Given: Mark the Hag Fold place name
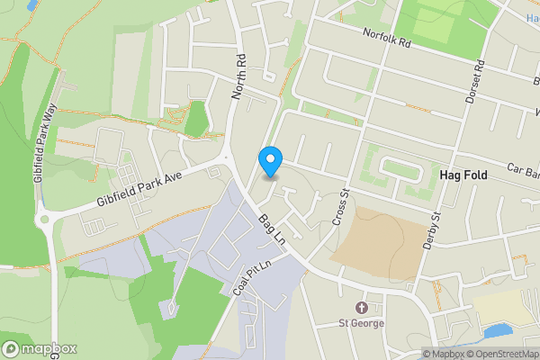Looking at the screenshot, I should coord(463,175).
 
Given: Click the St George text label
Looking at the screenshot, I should coord(362,323).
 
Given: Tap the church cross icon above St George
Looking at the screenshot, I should coord(362,308).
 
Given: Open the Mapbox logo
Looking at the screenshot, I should coord(40,348).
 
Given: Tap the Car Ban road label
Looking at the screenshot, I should coord(522,168).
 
